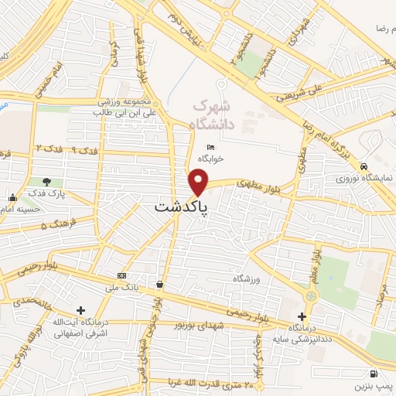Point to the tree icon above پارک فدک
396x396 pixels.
tap(47, 182)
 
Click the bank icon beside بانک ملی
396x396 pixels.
tap(121, 275)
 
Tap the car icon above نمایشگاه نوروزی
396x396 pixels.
tap(363, 166)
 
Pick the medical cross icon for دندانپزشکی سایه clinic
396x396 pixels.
tap(302, 317)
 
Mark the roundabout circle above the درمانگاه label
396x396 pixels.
tap(310, 295)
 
